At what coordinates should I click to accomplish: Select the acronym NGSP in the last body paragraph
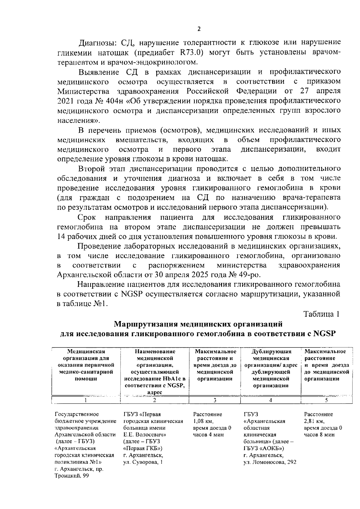[x=133, y=294]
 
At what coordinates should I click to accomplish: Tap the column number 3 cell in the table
[x=215, y=400]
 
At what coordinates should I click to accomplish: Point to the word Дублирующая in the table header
[x=271, y=351]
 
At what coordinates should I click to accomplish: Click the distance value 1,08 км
[x=203, y=421]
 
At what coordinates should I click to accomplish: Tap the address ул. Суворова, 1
[x=143, y=462]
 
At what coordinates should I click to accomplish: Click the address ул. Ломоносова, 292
[x=270, y=462]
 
